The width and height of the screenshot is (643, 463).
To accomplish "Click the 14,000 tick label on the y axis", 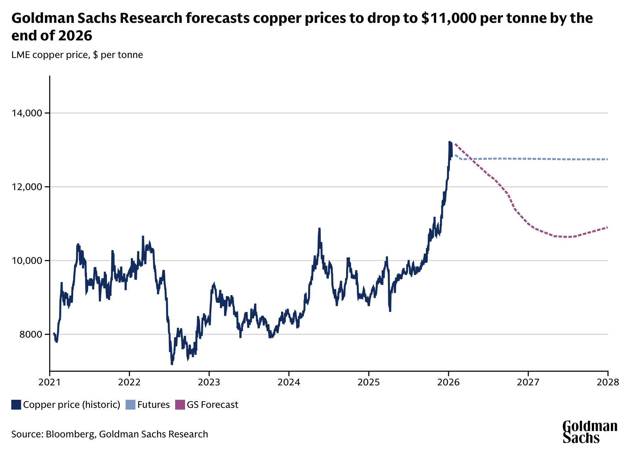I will (x=26, y=113).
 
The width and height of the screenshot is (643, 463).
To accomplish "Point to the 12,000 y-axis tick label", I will (x=26, y=187).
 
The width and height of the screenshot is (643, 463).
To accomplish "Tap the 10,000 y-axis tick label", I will (x=26, y=261).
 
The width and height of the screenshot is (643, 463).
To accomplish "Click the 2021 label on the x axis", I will (x=50, y=382).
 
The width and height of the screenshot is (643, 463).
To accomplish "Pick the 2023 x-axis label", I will (x=209, y=382).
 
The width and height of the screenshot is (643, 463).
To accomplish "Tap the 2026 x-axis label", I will (x=448, y=382).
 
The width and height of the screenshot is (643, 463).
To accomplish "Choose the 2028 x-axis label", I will (x=607, y=382).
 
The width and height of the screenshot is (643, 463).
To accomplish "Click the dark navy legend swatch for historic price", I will (x=16, y=405).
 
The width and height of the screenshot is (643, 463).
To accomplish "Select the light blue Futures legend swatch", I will (x=130, y=405).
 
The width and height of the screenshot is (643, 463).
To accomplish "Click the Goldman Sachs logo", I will (x=590, y=432).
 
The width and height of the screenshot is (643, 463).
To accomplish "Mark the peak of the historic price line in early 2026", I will (x=450, y=142).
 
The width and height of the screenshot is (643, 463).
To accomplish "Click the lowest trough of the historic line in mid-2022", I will (x=172, y=364).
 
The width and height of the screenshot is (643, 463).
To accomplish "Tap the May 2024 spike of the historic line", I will (x=319, y=229).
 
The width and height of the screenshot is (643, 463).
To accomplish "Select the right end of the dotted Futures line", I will (x=607, y=159).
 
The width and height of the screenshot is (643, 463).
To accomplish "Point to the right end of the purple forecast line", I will (x=607, y=228).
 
